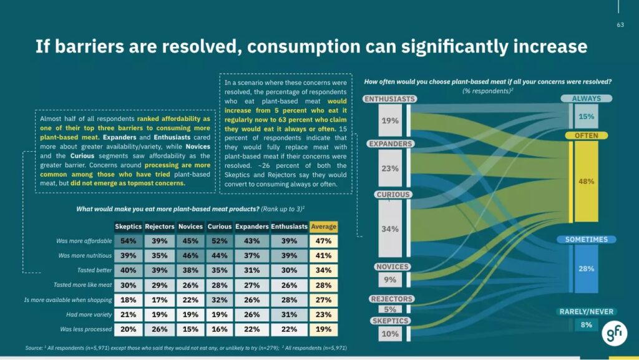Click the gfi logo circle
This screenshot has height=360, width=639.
[x=613, y=334]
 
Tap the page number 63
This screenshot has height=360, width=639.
[x=620, y=25]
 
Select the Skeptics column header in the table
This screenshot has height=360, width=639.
[x=128, y=226]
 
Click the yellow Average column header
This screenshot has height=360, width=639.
[x=323, y=226]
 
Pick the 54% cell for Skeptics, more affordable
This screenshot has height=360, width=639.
[x=128, y=241]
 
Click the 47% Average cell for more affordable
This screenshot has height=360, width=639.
[x=323, y=241]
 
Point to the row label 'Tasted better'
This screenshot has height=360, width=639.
[x=94, y=270]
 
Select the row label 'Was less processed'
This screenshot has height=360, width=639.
[x=86, y=329]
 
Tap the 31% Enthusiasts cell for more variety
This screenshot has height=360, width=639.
[x=289, y=314]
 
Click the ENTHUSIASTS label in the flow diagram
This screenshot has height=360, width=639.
[x=390, y=99]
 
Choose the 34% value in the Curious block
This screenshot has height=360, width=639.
[x=390, y=229]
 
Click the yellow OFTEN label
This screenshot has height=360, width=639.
[x=586, y=135]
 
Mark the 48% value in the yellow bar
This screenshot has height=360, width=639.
[x=586, y=182]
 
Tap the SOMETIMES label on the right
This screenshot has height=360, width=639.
[x=586, y=240]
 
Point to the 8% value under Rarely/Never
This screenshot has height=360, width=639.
[x=586, y=324]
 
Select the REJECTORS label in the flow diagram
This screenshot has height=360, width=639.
[x=391, y=299]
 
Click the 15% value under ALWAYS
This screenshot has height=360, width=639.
[x=586, y=117]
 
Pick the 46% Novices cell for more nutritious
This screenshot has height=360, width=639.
[x=190, y=256]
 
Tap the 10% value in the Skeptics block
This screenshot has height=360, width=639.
[x=390, y=334]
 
